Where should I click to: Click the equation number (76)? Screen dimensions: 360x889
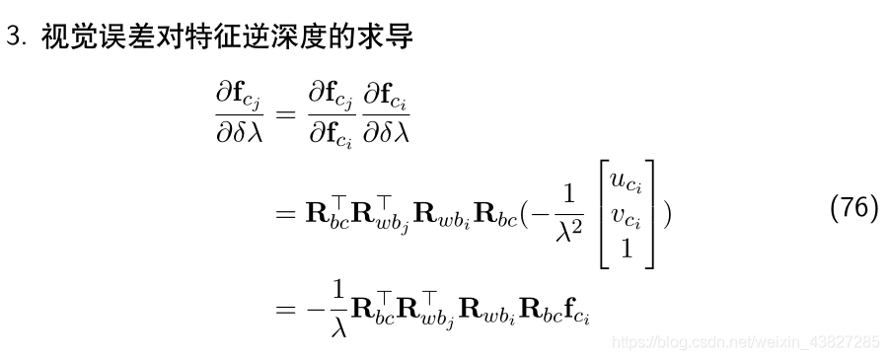click(x=853, y=209)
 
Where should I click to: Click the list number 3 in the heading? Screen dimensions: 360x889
click(x=13, y=38)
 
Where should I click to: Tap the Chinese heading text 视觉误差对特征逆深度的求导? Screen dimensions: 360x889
click(x=227, y=38)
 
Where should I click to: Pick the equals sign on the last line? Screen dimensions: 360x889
click(x=284, y=308)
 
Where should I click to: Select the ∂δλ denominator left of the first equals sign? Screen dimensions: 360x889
click(x=240, y=133)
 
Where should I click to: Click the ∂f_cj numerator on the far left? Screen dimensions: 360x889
click(x=240, y=97)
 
